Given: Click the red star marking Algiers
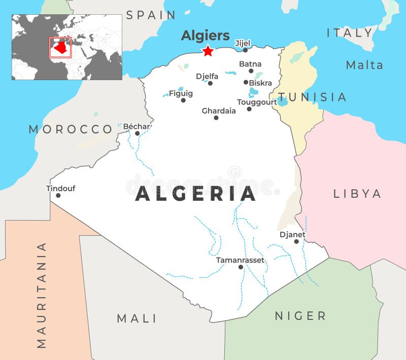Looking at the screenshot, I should pos(208,51).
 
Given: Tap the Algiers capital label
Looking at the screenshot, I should pos(205,35).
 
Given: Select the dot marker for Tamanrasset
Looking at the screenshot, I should pos(241,267).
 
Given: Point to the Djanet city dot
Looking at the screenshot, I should pos(296,241).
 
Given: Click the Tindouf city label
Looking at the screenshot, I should pos(60,188).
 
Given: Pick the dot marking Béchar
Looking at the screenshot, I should pos(137,133).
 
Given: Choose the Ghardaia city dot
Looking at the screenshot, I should pos(216,118).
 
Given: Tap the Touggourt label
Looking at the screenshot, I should pos(257,102).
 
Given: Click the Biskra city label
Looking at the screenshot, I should pos(260,83).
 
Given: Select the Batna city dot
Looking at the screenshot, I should pos(251,71).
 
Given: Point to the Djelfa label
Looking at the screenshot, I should pos(207,76).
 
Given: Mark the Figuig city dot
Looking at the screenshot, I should pos(183,100).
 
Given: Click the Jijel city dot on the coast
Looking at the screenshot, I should pos(245,50).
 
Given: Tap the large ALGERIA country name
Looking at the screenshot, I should pos(195,194).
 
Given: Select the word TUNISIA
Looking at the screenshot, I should pos(312,97).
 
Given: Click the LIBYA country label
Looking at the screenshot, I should pos(357,193).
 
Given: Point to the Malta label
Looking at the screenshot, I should pos(364,64).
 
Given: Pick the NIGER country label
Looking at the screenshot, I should pos(300,316).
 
